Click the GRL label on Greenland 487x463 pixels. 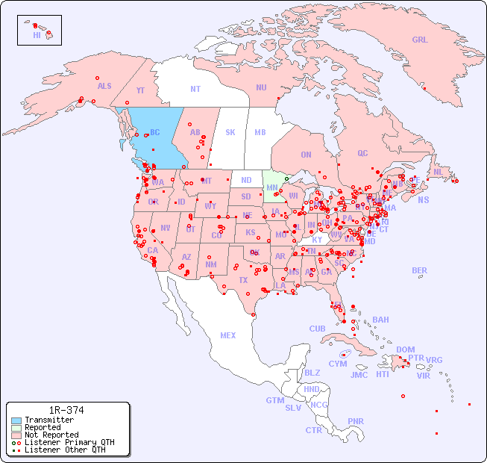click(x=420, y=40)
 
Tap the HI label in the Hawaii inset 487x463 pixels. click(x=37, y=35)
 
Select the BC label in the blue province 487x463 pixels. click(x=155, y=133)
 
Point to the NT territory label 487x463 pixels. click(x=195, y=88)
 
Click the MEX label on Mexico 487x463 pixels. click(x=228, y=335)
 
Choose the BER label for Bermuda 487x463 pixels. click(x=420, y=270)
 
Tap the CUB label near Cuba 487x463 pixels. click(x=318, y=329)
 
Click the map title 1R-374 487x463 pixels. click(x=66, y=411)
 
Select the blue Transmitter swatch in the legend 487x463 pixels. click(x=16, y=420)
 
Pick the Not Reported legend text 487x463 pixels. click(x=51, y=435)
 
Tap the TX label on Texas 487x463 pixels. click(x=243, y=280)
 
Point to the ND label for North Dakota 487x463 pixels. click(x=246, y=180)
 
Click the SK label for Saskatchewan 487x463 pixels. click(x=230, y=132)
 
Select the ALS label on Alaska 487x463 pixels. click(x=104, y=86)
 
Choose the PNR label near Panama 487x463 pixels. click(x=356, y=421)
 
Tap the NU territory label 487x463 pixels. click(x=261, y=87)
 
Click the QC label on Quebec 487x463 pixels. click(x=362, y=153)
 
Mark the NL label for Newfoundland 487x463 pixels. click(x=439, y=171)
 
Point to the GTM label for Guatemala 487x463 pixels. click(x=274, y=400)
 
